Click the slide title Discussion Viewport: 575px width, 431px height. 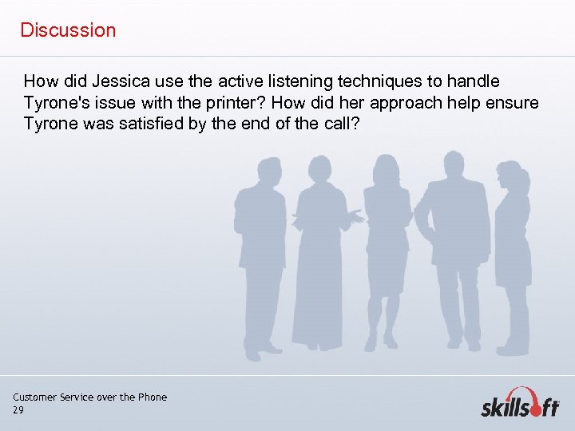68,30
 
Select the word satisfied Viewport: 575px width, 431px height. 160,125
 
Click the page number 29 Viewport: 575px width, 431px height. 18,409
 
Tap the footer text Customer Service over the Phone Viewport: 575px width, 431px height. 89,397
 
